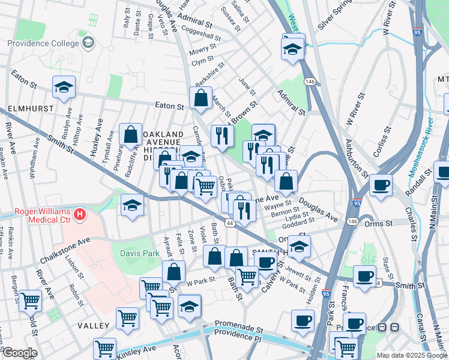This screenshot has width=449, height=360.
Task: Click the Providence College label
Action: [43, 43]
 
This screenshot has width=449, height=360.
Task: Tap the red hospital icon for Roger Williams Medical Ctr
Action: [79, 214]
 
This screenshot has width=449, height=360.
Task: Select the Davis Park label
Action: [139, 254]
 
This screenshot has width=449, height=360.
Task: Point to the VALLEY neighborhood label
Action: [93, 325]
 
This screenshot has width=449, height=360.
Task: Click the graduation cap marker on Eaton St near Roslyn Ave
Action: [64, 88]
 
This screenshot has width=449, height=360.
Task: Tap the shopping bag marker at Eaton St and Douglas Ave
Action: [201, 98]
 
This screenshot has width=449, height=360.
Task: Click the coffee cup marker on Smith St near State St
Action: [364, 276]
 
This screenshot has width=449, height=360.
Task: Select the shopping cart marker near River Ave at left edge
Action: [30, 300]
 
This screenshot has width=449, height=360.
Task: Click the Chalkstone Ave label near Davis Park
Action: [64, 251]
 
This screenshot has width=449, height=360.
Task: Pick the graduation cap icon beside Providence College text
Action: [88, 43]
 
